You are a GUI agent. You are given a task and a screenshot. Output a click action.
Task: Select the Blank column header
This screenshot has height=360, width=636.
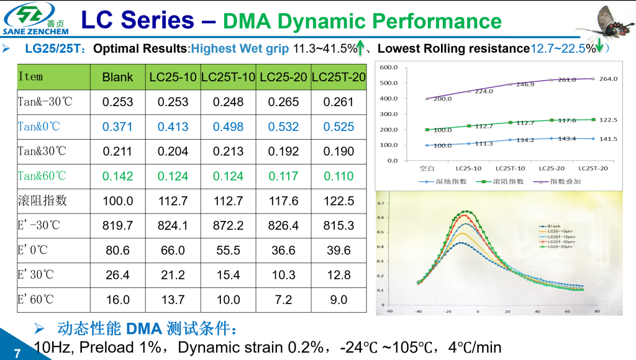click(117, 78)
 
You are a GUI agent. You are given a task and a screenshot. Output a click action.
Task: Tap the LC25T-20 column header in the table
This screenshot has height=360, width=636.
click(338, 78)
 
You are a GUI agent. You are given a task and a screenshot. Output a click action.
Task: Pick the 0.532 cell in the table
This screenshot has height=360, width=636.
click(283, 127)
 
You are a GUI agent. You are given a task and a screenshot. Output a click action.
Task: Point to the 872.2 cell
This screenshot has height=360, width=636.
click(228, 225)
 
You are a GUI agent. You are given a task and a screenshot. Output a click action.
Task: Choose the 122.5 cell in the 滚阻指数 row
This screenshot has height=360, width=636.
click(338, 200)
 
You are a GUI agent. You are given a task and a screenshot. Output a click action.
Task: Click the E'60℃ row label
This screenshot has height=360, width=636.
click(36, 300)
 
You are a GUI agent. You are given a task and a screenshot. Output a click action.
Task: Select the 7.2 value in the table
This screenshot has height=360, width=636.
click(283, 300)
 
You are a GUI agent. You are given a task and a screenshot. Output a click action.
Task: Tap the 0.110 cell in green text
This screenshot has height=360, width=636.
click(338, 176)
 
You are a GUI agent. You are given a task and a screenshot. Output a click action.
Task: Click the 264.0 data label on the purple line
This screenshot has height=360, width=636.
click(607, 79)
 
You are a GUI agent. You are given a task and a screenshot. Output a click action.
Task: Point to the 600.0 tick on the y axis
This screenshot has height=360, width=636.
click(389, 67)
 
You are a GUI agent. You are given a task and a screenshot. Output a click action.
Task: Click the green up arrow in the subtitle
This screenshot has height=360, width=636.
click(361, 48)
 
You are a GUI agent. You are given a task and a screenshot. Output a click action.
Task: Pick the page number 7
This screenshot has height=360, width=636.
click(17, 353)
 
